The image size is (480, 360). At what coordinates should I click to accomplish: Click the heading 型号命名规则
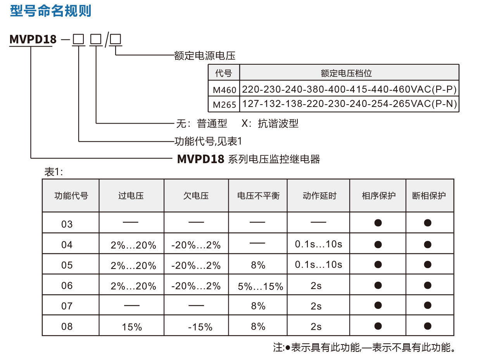[50, 11]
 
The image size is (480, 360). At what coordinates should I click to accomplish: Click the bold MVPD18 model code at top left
[33, 40]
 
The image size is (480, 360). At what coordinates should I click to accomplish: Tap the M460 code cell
[224, 90]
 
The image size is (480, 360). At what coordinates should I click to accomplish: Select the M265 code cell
[224, 104]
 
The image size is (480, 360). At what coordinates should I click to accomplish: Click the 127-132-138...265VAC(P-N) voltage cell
[349, 104]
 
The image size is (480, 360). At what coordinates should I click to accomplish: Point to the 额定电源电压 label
[205, 56]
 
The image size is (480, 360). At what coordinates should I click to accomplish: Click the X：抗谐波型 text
[270, 124]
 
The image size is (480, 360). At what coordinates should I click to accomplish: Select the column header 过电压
[131, 196]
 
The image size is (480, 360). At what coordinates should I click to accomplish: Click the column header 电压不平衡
[258, 196]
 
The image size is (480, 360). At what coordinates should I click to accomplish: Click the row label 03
[67, 224]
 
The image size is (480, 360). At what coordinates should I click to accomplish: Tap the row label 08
[67, 326]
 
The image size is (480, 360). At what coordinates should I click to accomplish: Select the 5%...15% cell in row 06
[260, 286]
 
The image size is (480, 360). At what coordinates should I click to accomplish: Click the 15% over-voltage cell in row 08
[132, 327]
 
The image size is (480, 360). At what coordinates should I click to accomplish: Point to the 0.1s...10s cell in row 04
[318, 244]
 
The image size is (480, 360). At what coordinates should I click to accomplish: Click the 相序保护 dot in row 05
[378, 265]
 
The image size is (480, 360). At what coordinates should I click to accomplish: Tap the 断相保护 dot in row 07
[428, 306]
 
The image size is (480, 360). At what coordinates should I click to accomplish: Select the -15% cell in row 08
[200, 327]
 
